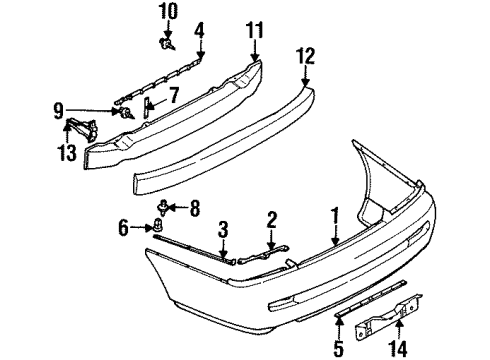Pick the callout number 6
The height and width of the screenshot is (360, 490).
[x=123, y=229]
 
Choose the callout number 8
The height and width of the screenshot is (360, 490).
[x=195, y=208]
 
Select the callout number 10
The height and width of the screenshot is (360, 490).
[x=168, y=13]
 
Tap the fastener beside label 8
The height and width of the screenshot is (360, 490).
[x=163, y=208]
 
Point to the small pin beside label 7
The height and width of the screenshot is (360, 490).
[x=149, y=105]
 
